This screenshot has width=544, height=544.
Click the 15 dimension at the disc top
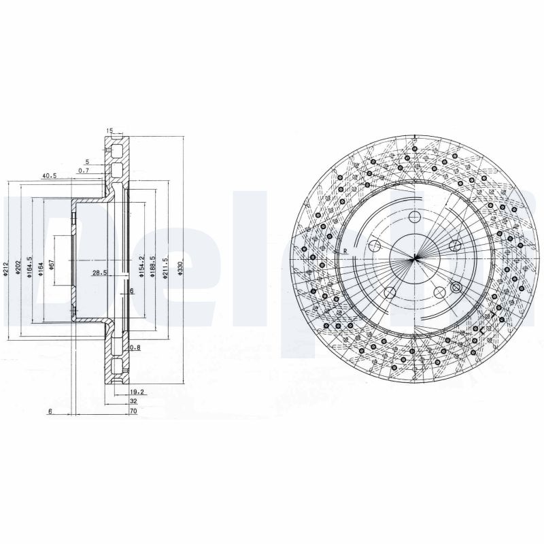[109, 131]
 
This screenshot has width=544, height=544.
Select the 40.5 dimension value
[48, 176]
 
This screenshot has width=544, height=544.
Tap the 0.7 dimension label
[84, 170]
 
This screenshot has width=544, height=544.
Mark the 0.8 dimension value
[135, 347]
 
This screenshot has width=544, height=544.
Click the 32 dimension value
[133, 402]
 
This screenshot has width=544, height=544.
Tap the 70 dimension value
[133, 412]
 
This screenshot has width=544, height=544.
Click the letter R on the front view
[345, 250]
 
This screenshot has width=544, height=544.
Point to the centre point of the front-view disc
[414, 259]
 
